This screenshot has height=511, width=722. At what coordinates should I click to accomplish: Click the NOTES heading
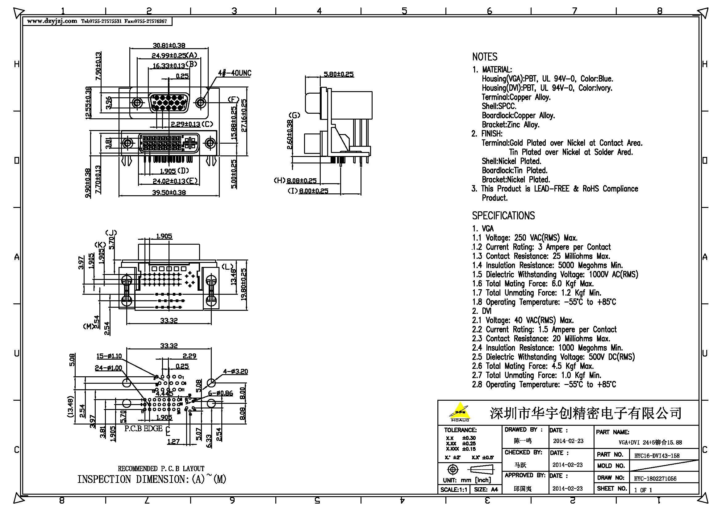(x=485, y=57)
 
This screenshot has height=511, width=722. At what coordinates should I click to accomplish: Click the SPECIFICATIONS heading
(x=503, y=216)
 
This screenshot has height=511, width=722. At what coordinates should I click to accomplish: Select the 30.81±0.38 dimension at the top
(x=169, y=45)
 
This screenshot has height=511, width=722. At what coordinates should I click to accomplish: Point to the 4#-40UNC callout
(x=235, y=73)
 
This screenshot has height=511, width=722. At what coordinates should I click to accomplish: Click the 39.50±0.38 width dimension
(x=169, y=192)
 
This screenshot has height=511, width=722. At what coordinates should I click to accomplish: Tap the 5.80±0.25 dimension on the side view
(x=338, y=74)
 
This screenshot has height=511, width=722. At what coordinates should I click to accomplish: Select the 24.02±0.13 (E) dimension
(x=175, y=181)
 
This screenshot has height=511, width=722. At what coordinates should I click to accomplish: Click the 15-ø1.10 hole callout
(x=109, y=356)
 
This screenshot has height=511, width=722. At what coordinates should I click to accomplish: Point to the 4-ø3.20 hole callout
(x=235, y=371)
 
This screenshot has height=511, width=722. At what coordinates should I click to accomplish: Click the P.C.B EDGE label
(x=144, y=429)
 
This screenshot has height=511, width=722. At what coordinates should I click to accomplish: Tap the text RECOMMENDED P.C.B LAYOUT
(x=161, y=469)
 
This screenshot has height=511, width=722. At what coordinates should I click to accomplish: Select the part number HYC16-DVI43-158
(x=657, y=456)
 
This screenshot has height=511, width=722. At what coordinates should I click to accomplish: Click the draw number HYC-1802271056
(x=655, y=479)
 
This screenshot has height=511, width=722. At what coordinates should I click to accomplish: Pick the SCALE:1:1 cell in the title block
(x=453, y=490)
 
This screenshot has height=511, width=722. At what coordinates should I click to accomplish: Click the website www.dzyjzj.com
(x=52, y=21)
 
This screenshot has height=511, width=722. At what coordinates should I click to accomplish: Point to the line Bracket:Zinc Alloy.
(x=510, y=125)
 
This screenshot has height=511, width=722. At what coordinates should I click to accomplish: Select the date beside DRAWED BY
(x=568, y=441)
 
